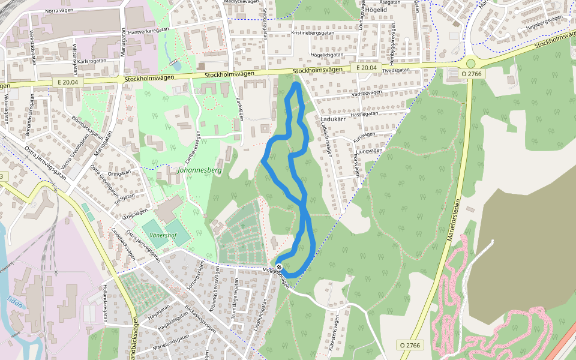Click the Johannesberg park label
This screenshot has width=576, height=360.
[200, 170]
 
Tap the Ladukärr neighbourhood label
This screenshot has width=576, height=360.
[335, 119]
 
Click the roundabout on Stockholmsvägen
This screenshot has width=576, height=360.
[470, 63]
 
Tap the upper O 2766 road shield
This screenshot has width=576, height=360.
[471, 73]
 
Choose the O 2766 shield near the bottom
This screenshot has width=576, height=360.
[410, 345]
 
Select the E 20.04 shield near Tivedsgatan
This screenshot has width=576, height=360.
[366, 68]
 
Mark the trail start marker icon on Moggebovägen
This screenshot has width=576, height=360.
[279, 266]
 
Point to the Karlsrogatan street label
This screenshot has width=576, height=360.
[92, 61]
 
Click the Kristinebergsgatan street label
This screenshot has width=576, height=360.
[317, 33]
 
